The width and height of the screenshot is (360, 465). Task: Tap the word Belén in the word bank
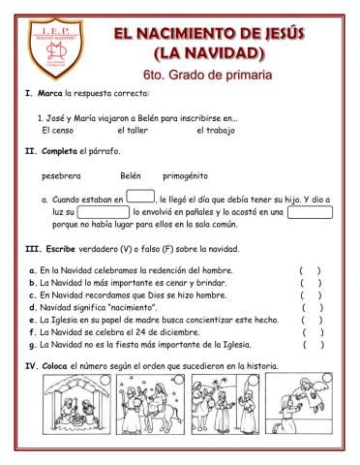click(131, 176)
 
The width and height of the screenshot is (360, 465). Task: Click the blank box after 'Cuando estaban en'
click(140, 198)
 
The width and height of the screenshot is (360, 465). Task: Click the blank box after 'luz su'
click(104, 211)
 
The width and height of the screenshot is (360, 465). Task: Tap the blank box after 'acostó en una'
click(310, 211)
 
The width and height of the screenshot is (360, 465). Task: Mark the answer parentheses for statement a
click(312, 269)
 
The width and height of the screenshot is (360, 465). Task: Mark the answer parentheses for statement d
click(312, 306)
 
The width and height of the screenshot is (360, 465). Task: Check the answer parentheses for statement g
click(312, 343)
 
